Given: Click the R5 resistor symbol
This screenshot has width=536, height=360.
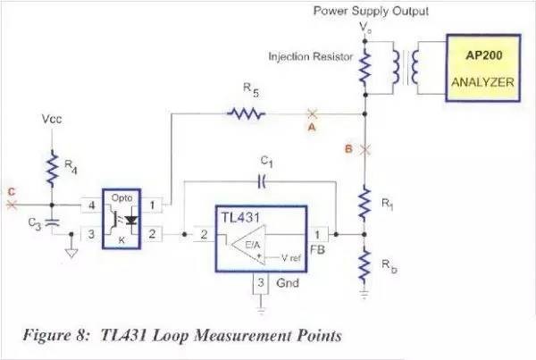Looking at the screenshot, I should click(x=245, y=114).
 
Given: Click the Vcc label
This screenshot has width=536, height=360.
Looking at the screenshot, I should click(x=53, y=119).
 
